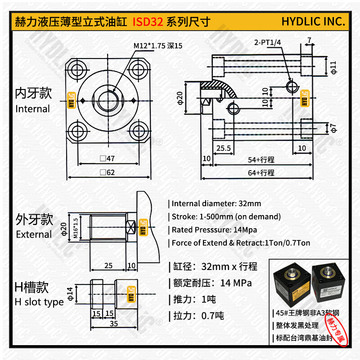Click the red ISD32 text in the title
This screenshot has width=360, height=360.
[x=148, y=22]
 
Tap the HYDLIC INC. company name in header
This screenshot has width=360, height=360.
[x=313, y=22]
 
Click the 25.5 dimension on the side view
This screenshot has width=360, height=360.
[x=223, y=148]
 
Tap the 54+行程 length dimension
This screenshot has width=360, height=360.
[x=261, y=160]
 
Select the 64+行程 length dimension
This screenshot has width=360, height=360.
[x=261, y=173]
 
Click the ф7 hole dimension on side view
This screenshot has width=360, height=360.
[x=333, y=128]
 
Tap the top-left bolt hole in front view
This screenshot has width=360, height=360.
[x=78, y=69]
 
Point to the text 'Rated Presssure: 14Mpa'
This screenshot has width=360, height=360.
[x=214, y=229]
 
